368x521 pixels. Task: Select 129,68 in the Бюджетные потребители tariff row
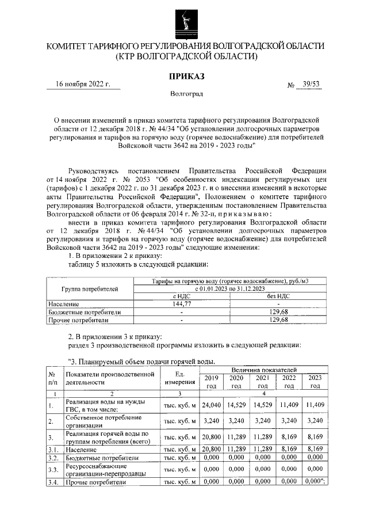click(278, 311)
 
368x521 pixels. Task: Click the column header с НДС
click(181, 296)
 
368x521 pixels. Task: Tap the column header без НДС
click(278, 296)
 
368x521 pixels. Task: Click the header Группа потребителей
click(89, 288)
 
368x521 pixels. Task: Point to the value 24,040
click(212, 405)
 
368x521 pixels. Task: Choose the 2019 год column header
click(212, 382)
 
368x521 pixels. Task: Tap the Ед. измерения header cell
click(180, 378)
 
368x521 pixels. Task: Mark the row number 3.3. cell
click(53, 469)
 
